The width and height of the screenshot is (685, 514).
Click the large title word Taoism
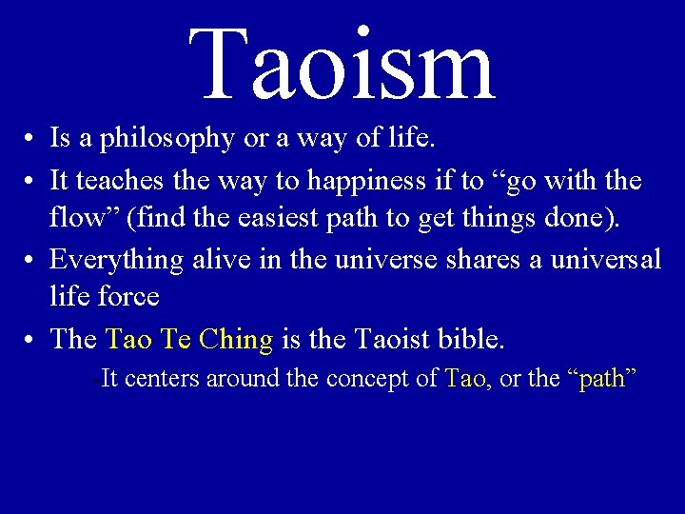(342, 65)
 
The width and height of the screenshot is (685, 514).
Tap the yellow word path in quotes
(601, 379)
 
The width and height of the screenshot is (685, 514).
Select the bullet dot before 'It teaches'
(31, 182)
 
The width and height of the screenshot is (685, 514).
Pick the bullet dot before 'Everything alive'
(31, 260)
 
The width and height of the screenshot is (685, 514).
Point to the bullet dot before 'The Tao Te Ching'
(31, 340)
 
